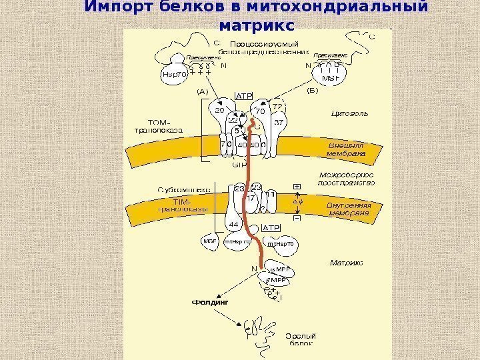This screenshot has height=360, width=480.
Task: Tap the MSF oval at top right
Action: point(331,77)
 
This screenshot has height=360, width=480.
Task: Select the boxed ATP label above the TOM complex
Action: point(245,96)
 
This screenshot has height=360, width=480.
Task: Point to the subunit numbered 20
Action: point(220,110)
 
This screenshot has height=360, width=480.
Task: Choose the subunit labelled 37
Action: point(279,123)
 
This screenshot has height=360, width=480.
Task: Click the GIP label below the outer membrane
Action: point(239,164)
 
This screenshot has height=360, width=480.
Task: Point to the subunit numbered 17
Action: point(251,198)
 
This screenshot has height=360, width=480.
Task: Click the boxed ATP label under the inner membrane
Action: point(271,228)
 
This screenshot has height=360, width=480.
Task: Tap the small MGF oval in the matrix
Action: point(210,242)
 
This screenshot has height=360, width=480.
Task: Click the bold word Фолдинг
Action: point(211,302)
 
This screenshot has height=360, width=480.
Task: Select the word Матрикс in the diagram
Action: point(347,263)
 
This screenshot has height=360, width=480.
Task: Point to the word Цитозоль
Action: point(349,114)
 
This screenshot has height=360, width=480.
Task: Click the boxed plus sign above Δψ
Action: point(297,187)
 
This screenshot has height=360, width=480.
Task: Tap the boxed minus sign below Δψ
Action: point(297,218)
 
